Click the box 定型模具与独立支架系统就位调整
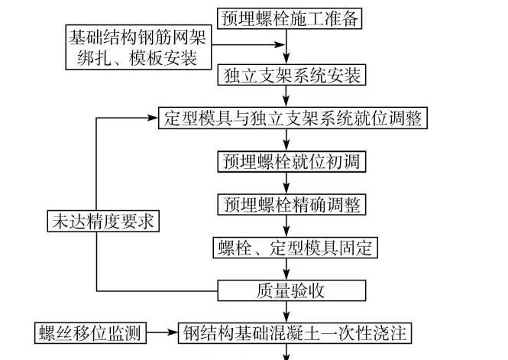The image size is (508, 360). coord(291,119)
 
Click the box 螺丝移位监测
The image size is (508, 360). coord(89,333)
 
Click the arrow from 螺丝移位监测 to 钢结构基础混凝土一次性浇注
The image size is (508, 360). coord(162,333)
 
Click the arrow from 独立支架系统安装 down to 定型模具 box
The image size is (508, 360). coord(286,97)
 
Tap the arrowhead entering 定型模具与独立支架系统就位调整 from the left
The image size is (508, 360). coord(152,119)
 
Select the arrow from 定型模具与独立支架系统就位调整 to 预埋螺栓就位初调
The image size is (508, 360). coord(286,141)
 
